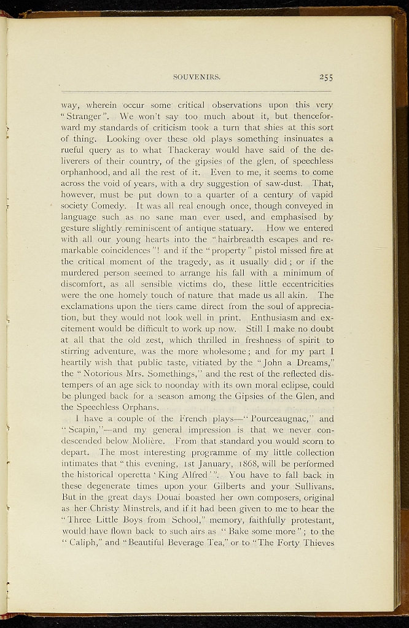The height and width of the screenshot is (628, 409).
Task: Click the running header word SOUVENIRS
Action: click(x=197, y=77)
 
